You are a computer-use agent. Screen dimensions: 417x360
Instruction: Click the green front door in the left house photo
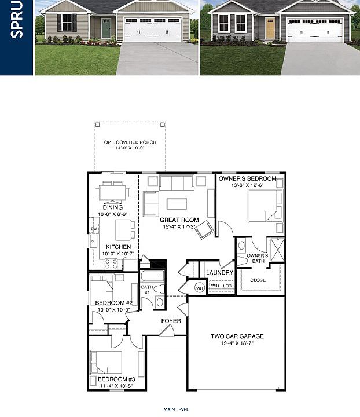pos(106,28)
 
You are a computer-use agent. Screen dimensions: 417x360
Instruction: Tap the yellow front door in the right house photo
pos(270,28)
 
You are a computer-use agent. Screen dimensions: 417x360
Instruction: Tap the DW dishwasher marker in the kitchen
pos(94,229)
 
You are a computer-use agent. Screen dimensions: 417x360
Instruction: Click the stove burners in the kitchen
pos(112,264)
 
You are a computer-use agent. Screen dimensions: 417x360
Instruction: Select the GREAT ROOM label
pos(179,220)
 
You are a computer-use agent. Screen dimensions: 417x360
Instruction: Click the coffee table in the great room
pos(177,203)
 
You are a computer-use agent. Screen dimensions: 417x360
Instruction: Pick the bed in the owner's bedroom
pos(264,206)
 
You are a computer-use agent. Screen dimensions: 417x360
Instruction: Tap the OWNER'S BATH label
pos(257,258)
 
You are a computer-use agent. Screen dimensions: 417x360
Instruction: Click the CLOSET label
pos(259,280)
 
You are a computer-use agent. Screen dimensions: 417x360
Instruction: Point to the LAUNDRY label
pos(219,272)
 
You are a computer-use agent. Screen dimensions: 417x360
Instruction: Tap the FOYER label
pos(171,321)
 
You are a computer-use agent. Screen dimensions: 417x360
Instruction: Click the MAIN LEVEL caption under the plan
pos(176,409)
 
